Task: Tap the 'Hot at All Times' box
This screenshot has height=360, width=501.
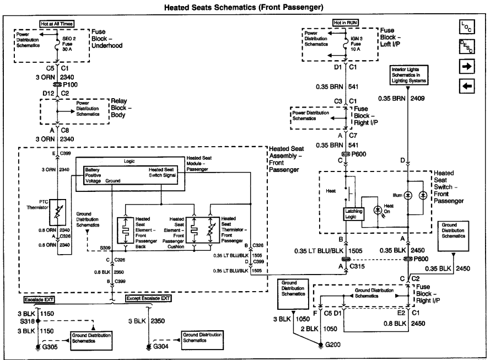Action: (57, 24)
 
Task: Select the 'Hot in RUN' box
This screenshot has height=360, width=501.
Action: (345, 23)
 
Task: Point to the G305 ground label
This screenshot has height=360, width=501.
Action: (48, 348)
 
